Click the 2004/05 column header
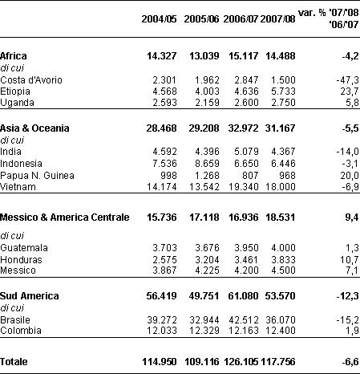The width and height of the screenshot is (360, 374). pos(159,19)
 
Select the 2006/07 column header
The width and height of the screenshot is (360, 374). pos(241,19)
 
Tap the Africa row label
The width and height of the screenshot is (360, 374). pos(14,56)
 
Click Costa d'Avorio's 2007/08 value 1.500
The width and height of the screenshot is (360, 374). pos(283,80)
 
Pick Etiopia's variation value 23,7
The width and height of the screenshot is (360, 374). pos(350,91)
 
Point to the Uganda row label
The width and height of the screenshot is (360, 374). pos(17,103)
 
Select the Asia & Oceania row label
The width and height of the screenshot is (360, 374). pos(34,128)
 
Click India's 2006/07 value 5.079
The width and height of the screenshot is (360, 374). pos(246,152)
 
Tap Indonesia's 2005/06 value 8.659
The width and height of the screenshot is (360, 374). pos(207,164)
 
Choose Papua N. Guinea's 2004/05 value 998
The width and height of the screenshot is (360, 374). pos(168,176)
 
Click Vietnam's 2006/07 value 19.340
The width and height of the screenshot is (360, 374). pos(244,187)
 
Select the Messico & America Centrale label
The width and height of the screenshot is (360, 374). pos(65,217)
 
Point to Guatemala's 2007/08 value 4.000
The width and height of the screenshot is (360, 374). pos(283,248)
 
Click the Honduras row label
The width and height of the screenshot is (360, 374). pos(21,260)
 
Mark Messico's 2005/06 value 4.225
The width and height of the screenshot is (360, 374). pos(207,270)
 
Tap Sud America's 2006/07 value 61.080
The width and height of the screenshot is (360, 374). pos(243,296)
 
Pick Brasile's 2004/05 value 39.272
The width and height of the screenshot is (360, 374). pos(162,320)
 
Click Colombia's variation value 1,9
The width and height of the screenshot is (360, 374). pos(352,331)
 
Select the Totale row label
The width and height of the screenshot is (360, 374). pos(14,362)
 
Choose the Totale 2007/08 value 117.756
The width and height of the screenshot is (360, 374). pos(278,362)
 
